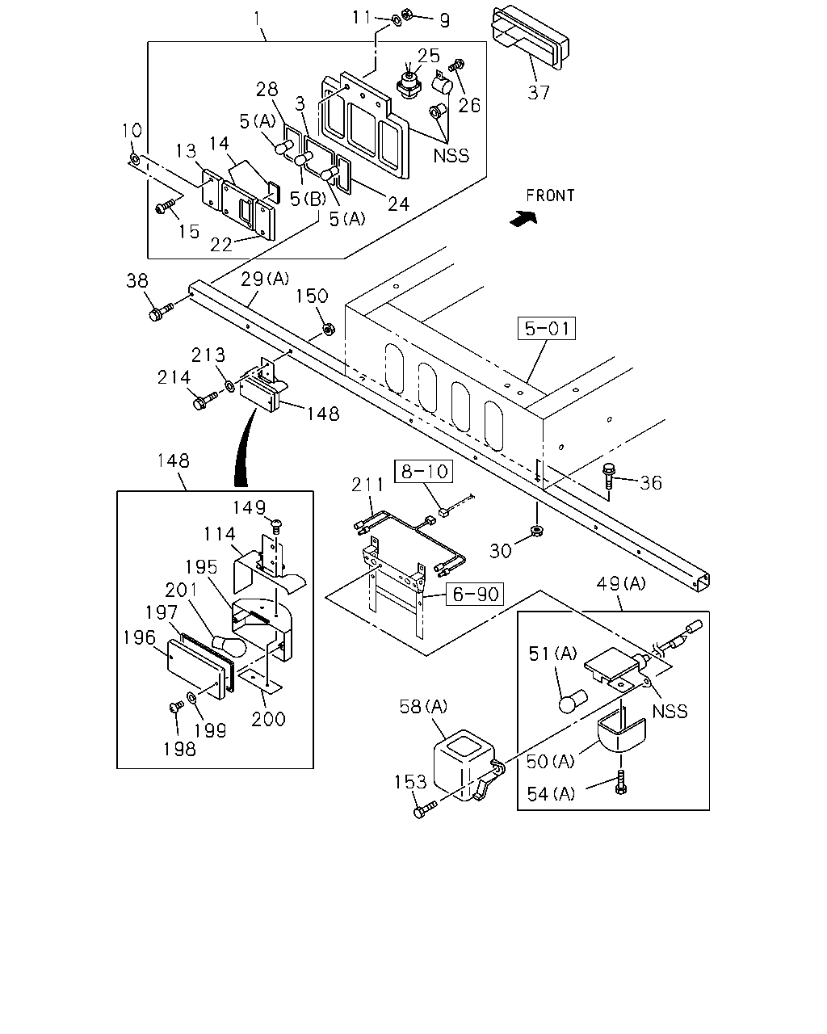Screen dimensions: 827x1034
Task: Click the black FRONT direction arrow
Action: tap(524, 219)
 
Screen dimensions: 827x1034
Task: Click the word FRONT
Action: tap(550, 195)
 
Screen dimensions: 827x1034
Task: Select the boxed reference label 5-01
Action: tap(547, 329)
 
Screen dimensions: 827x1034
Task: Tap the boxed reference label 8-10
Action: tap(424, 471)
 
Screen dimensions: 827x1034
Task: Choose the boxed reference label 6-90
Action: tap(475, 595)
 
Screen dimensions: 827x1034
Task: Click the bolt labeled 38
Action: tap(161, 311)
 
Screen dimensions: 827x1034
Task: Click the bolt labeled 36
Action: tap(609, 476)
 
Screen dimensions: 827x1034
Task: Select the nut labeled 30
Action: tap(536, 531)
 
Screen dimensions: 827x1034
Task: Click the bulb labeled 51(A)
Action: tap(573, 701)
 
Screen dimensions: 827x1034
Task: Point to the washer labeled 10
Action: tap(135, 159)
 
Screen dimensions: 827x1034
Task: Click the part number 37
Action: tap(538, 92)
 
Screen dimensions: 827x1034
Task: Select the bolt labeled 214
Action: tap(204, 400)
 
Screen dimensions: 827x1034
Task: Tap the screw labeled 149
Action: tap(276, 526)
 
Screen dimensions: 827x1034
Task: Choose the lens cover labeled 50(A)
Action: tap(621, 734)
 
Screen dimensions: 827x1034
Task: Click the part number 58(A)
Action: tap(423, 706)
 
